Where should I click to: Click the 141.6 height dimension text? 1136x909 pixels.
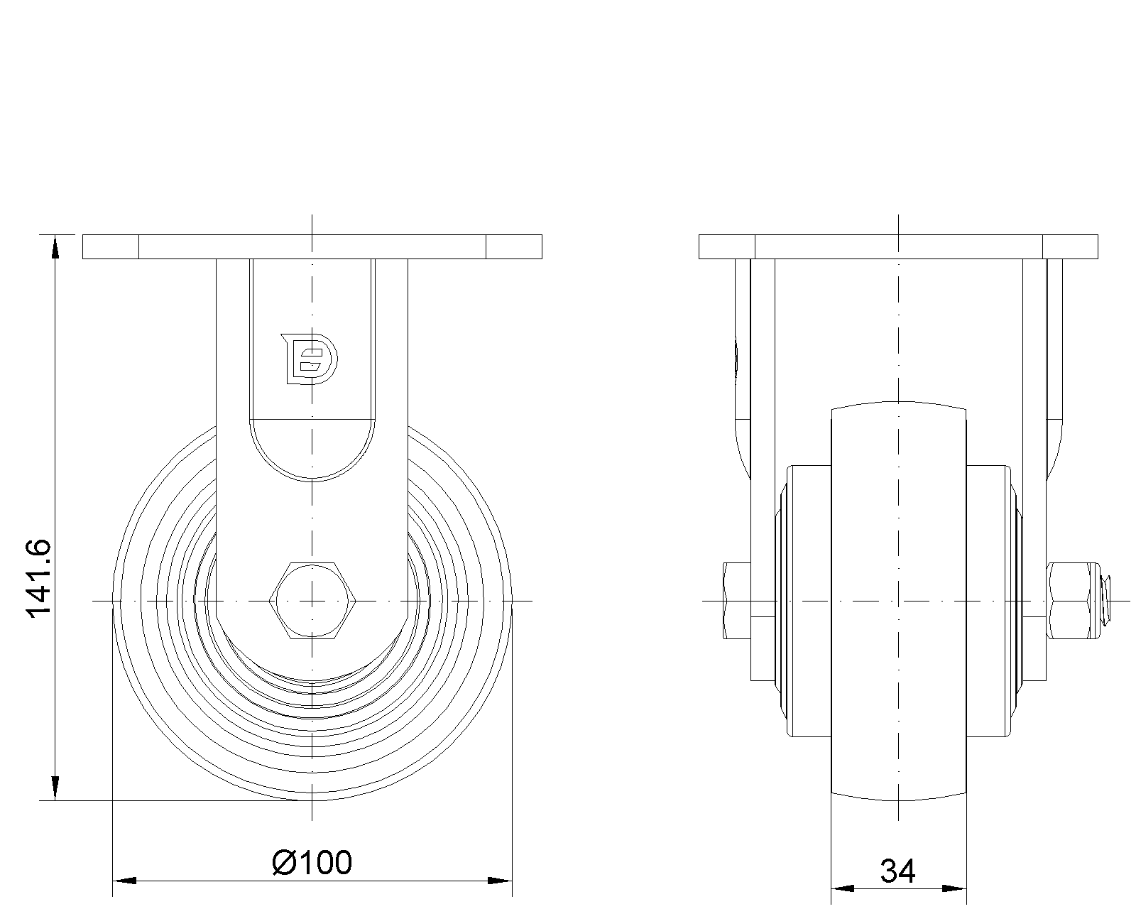click(x=39, y=578)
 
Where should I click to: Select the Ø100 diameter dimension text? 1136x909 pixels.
click(x=312, y=863)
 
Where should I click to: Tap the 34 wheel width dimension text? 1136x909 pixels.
click(x=897, y=871)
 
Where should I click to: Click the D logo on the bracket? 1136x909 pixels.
click(x=310, y=359)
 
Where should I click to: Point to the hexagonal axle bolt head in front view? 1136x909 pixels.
click(x=312, y=601)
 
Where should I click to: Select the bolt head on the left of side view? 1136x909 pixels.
click(x=737, y=601)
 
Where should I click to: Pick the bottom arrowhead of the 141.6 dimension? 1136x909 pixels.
click(x=55, y=788)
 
